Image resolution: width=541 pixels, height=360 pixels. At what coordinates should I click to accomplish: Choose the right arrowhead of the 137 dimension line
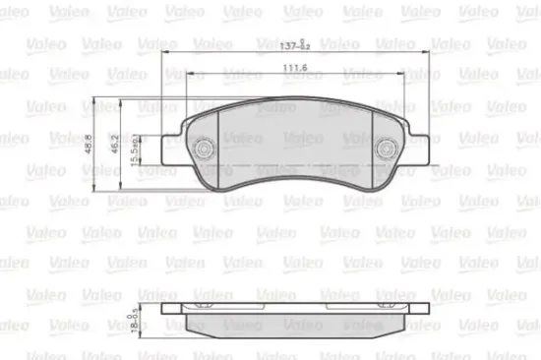427,52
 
